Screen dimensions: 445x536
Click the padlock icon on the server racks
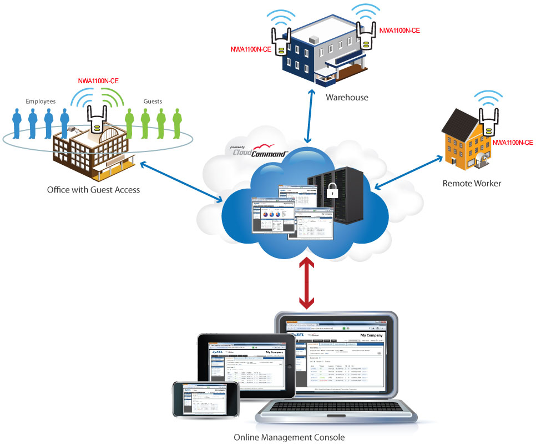[x=331, y=190]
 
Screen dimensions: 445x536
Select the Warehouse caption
[x=347, y=98]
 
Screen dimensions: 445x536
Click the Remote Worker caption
[x=472, y=183]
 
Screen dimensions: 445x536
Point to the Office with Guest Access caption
[x=94, y=190]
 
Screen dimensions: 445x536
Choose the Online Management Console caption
[x=289, y=437]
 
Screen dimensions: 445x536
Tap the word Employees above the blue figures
[x=41, y=101]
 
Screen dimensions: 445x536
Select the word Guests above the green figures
[x=153, y=101]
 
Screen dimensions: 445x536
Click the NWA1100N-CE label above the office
[x=98, y=81]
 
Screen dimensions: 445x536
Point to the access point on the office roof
[x=97, y=122]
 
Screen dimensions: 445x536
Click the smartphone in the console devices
[x=198, y=399]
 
